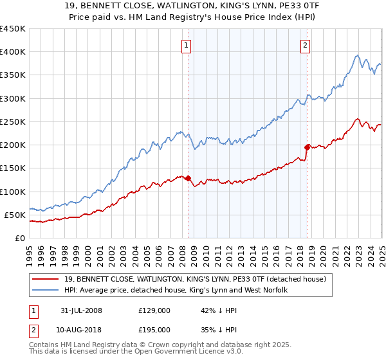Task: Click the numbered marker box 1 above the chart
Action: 186,45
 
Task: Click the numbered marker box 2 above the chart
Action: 304,45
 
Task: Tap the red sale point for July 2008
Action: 188,178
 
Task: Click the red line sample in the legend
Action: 45,279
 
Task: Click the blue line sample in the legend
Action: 45,291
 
